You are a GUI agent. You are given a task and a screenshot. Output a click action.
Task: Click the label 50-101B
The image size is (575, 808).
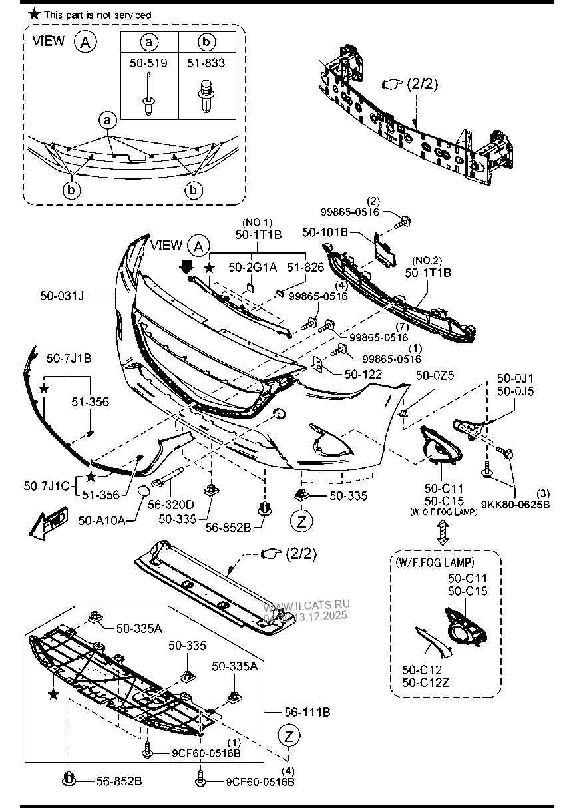(325, 233)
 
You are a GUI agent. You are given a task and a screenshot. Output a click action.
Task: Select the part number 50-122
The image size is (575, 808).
(363, 374)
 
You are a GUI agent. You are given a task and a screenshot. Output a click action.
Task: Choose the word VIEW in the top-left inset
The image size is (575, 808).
(49, 41)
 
